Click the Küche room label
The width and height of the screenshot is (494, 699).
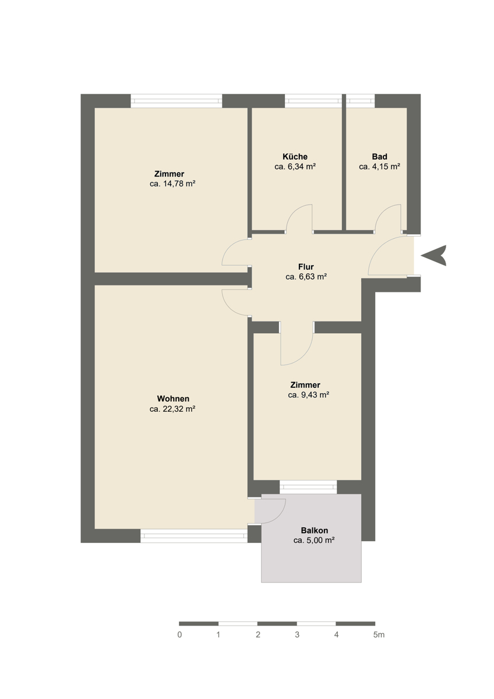click(295, 156)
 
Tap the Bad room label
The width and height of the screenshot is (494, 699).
click(379, 156)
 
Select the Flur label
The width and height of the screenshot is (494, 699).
click(306, 267)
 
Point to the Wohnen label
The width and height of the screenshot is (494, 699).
click(173, 399)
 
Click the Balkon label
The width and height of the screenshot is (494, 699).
click(314, 530)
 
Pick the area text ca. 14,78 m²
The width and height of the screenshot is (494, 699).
click(172, 184)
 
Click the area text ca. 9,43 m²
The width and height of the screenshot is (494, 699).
click(309, 395)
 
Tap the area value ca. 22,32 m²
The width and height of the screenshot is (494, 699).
click(172, 409)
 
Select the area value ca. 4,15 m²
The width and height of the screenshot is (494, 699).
click(379, 167)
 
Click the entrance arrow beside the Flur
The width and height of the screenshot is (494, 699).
click(435, 256)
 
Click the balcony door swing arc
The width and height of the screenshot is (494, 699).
click(278, 517)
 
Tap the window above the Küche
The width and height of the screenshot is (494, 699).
click(313, 101)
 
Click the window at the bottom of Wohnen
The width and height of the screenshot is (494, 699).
click(194, 536)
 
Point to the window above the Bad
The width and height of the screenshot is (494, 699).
click(361, 101)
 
